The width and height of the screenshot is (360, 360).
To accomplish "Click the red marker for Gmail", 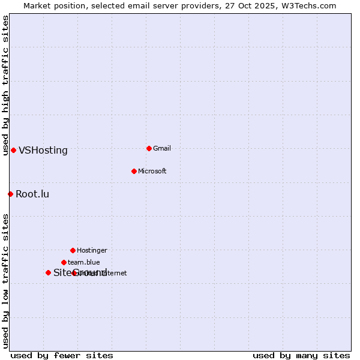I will tap(149, 148).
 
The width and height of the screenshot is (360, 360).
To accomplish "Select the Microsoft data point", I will tap(134, 171).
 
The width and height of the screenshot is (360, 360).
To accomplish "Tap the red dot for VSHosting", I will tap(13, 150).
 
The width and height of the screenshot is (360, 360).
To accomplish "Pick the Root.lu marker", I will tap(10, 194).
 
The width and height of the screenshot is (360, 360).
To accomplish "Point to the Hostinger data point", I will tap(73, 250).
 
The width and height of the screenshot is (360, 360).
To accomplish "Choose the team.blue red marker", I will tap(64, 262).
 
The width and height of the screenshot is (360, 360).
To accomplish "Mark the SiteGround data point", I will tap(48, 272).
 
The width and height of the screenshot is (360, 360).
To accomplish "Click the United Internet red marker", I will tap(74, 273).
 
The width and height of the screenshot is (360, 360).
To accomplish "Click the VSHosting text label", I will tap(43, 151).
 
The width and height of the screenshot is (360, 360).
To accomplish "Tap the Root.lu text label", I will tap(32, 194).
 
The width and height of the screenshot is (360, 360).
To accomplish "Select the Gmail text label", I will tap(162, 149).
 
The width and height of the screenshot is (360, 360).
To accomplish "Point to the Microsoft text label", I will tap(152, 172).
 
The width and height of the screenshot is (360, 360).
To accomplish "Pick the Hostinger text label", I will tap(92, 251).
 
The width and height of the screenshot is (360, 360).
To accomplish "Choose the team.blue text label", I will tap(84, 263).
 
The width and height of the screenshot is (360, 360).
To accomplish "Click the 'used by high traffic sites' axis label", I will tap(5, 86).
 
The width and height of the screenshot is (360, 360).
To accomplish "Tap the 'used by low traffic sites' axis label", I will tap(5, 281).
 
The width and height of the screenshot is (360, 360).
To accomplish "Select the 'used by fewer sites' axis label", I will tap(62, 356).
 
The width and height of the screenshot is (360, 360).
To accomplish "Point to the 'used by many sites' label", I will tap(301, 356).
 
